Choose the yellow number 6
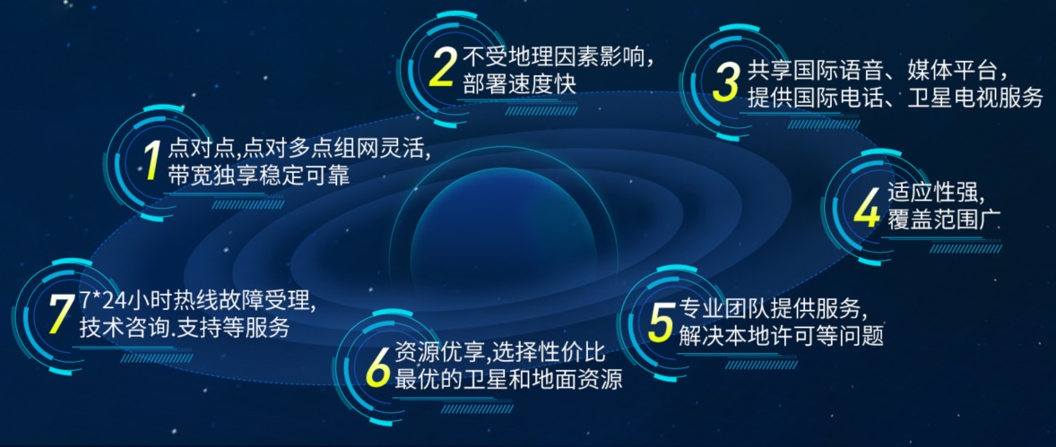[378, 367]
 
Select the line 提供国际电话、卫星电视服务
[895, 99]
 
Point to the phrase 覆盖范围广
[943, 221]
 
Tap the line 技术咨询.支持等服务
[185, 328]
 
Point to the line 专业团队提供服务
[772, 309]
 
